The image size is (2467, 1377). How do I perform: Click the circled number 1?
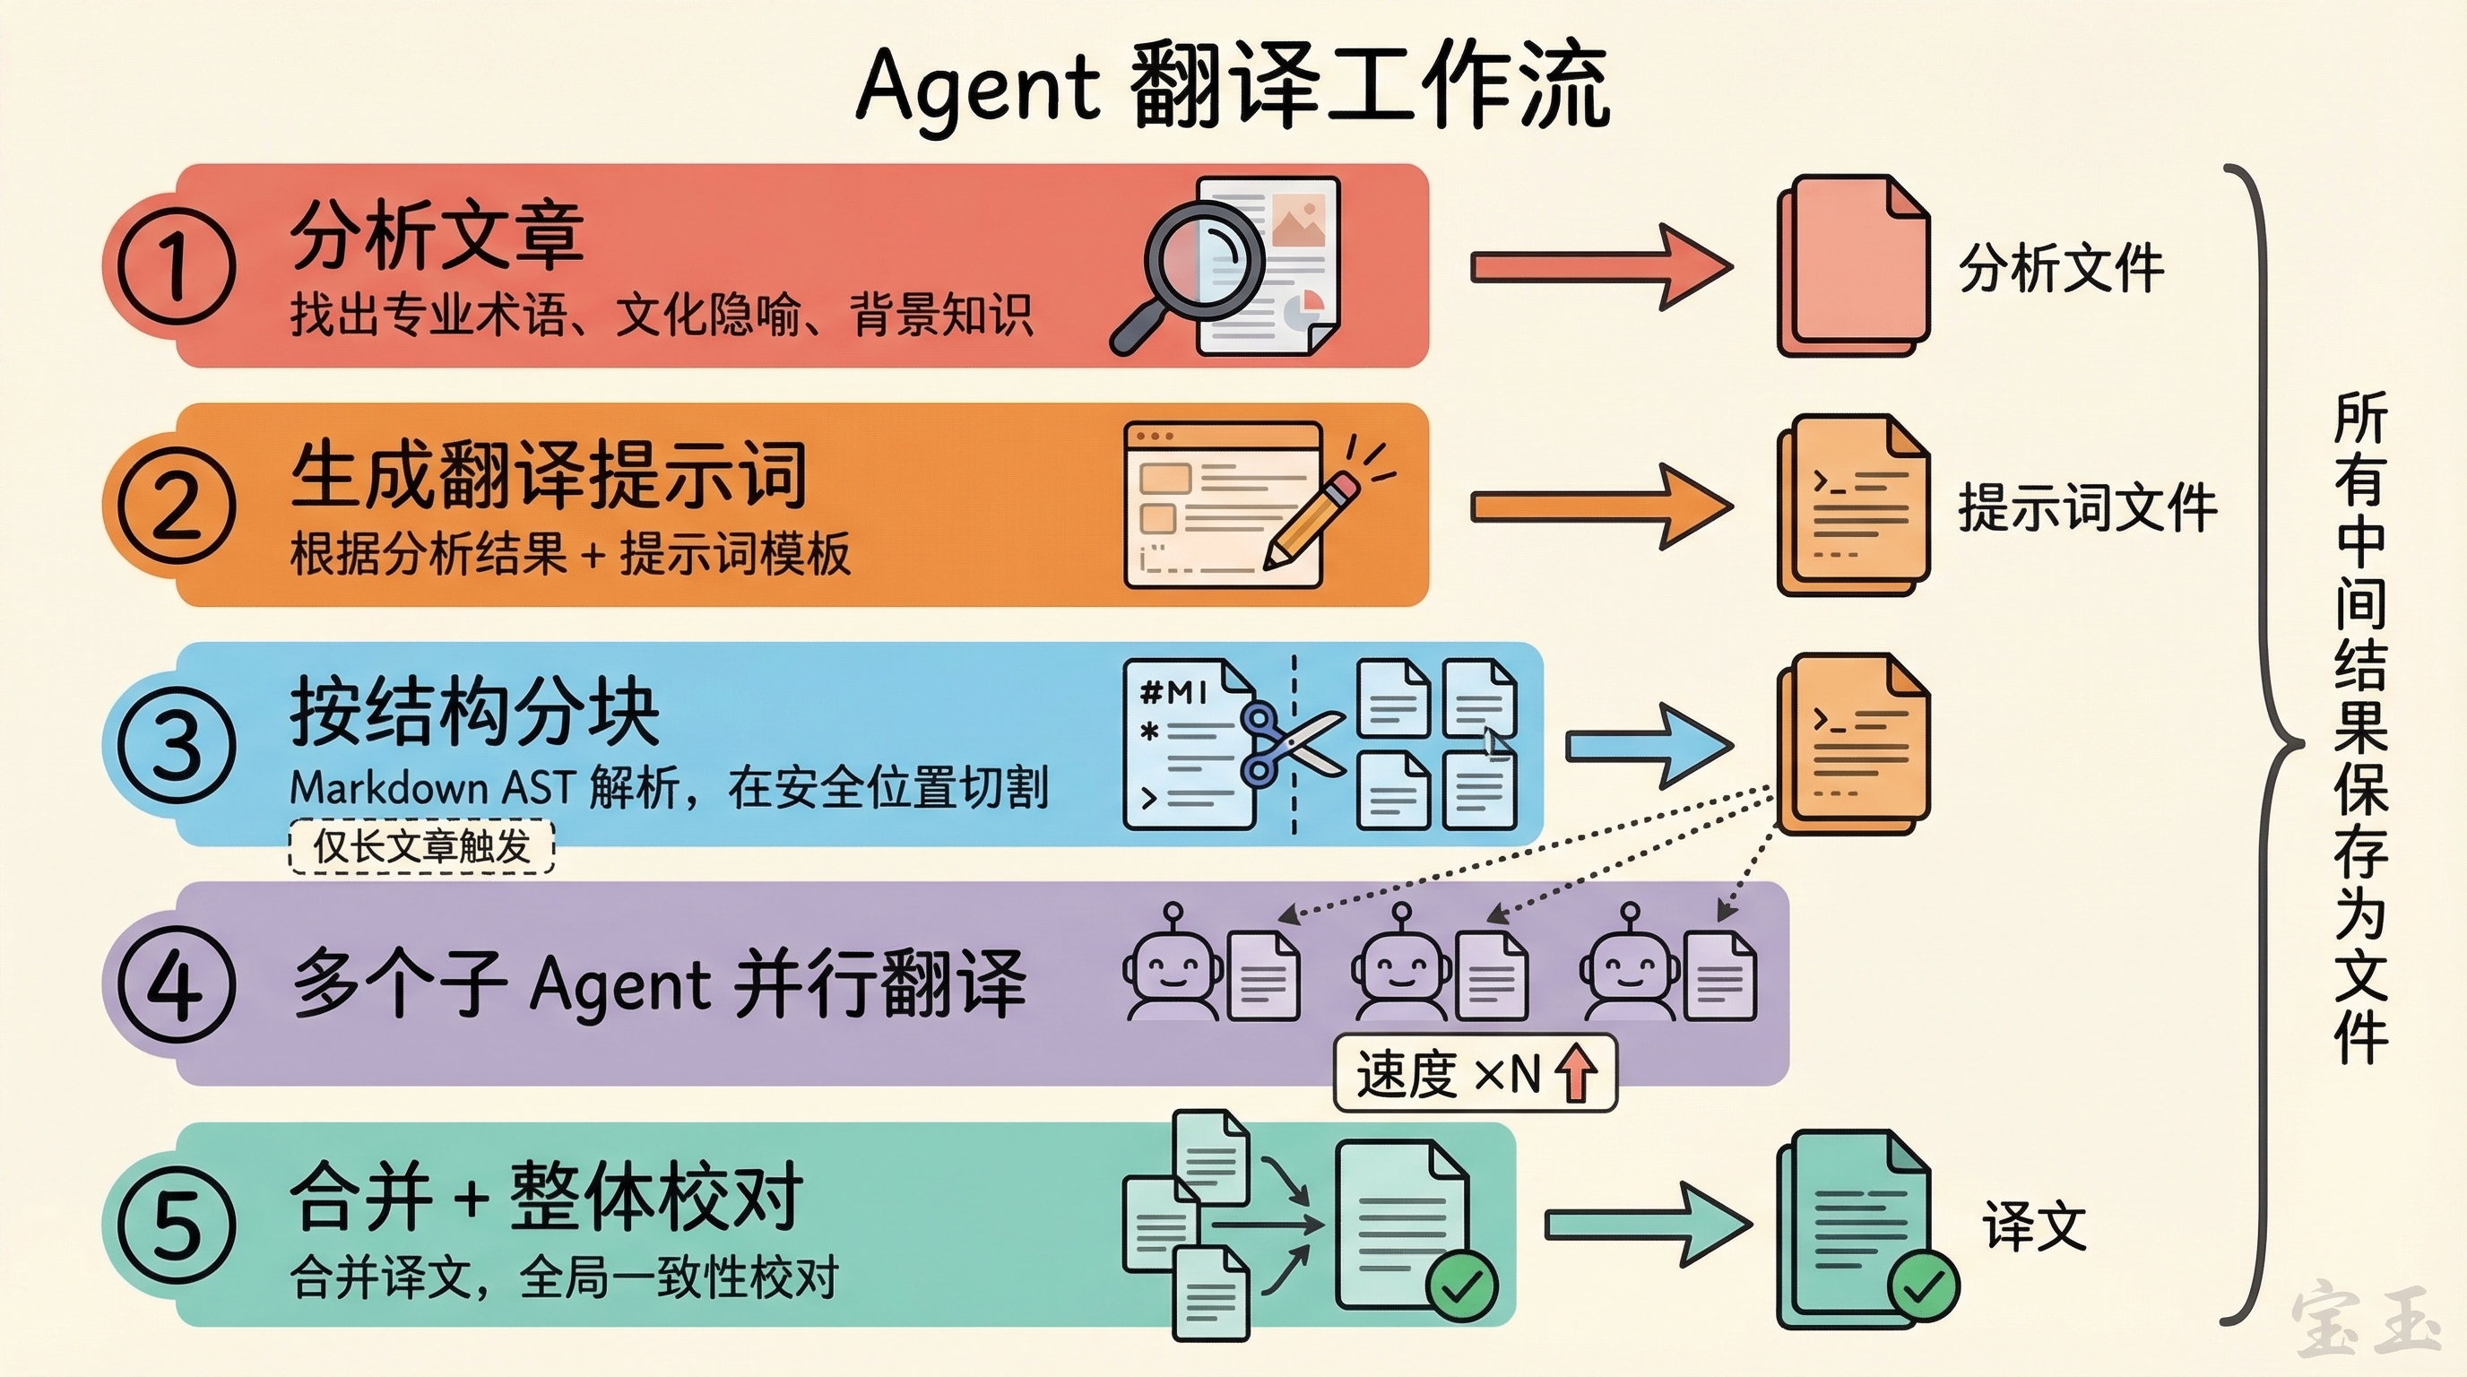tap(177, 264)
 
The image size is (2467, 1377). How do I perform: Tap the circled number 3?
tap(177, 744)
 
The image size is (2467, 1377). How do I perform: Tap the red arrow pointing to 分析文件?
tap(1600, 266)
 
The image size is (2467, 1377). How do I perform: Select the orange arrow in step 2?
tap(1600, 507)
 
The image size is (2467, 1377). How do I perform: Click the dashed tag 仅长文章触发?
tap(421, 846)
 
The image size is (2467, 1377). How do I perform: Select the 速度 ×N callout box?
tap(1475, 1072)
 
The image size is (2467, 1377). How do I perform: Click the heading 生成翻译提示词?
tap(549, 476)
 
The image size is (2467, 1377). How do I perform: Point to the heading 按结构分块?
tap(475, 713)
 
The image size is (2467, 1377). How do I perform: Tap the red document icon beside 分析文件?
tap(1853, 265)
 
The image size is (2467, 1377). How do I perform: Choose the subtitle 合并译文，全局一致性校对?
tap(564, 1277)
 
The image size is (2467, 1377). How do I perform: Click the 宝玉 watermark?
tap(2366, 1321)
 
